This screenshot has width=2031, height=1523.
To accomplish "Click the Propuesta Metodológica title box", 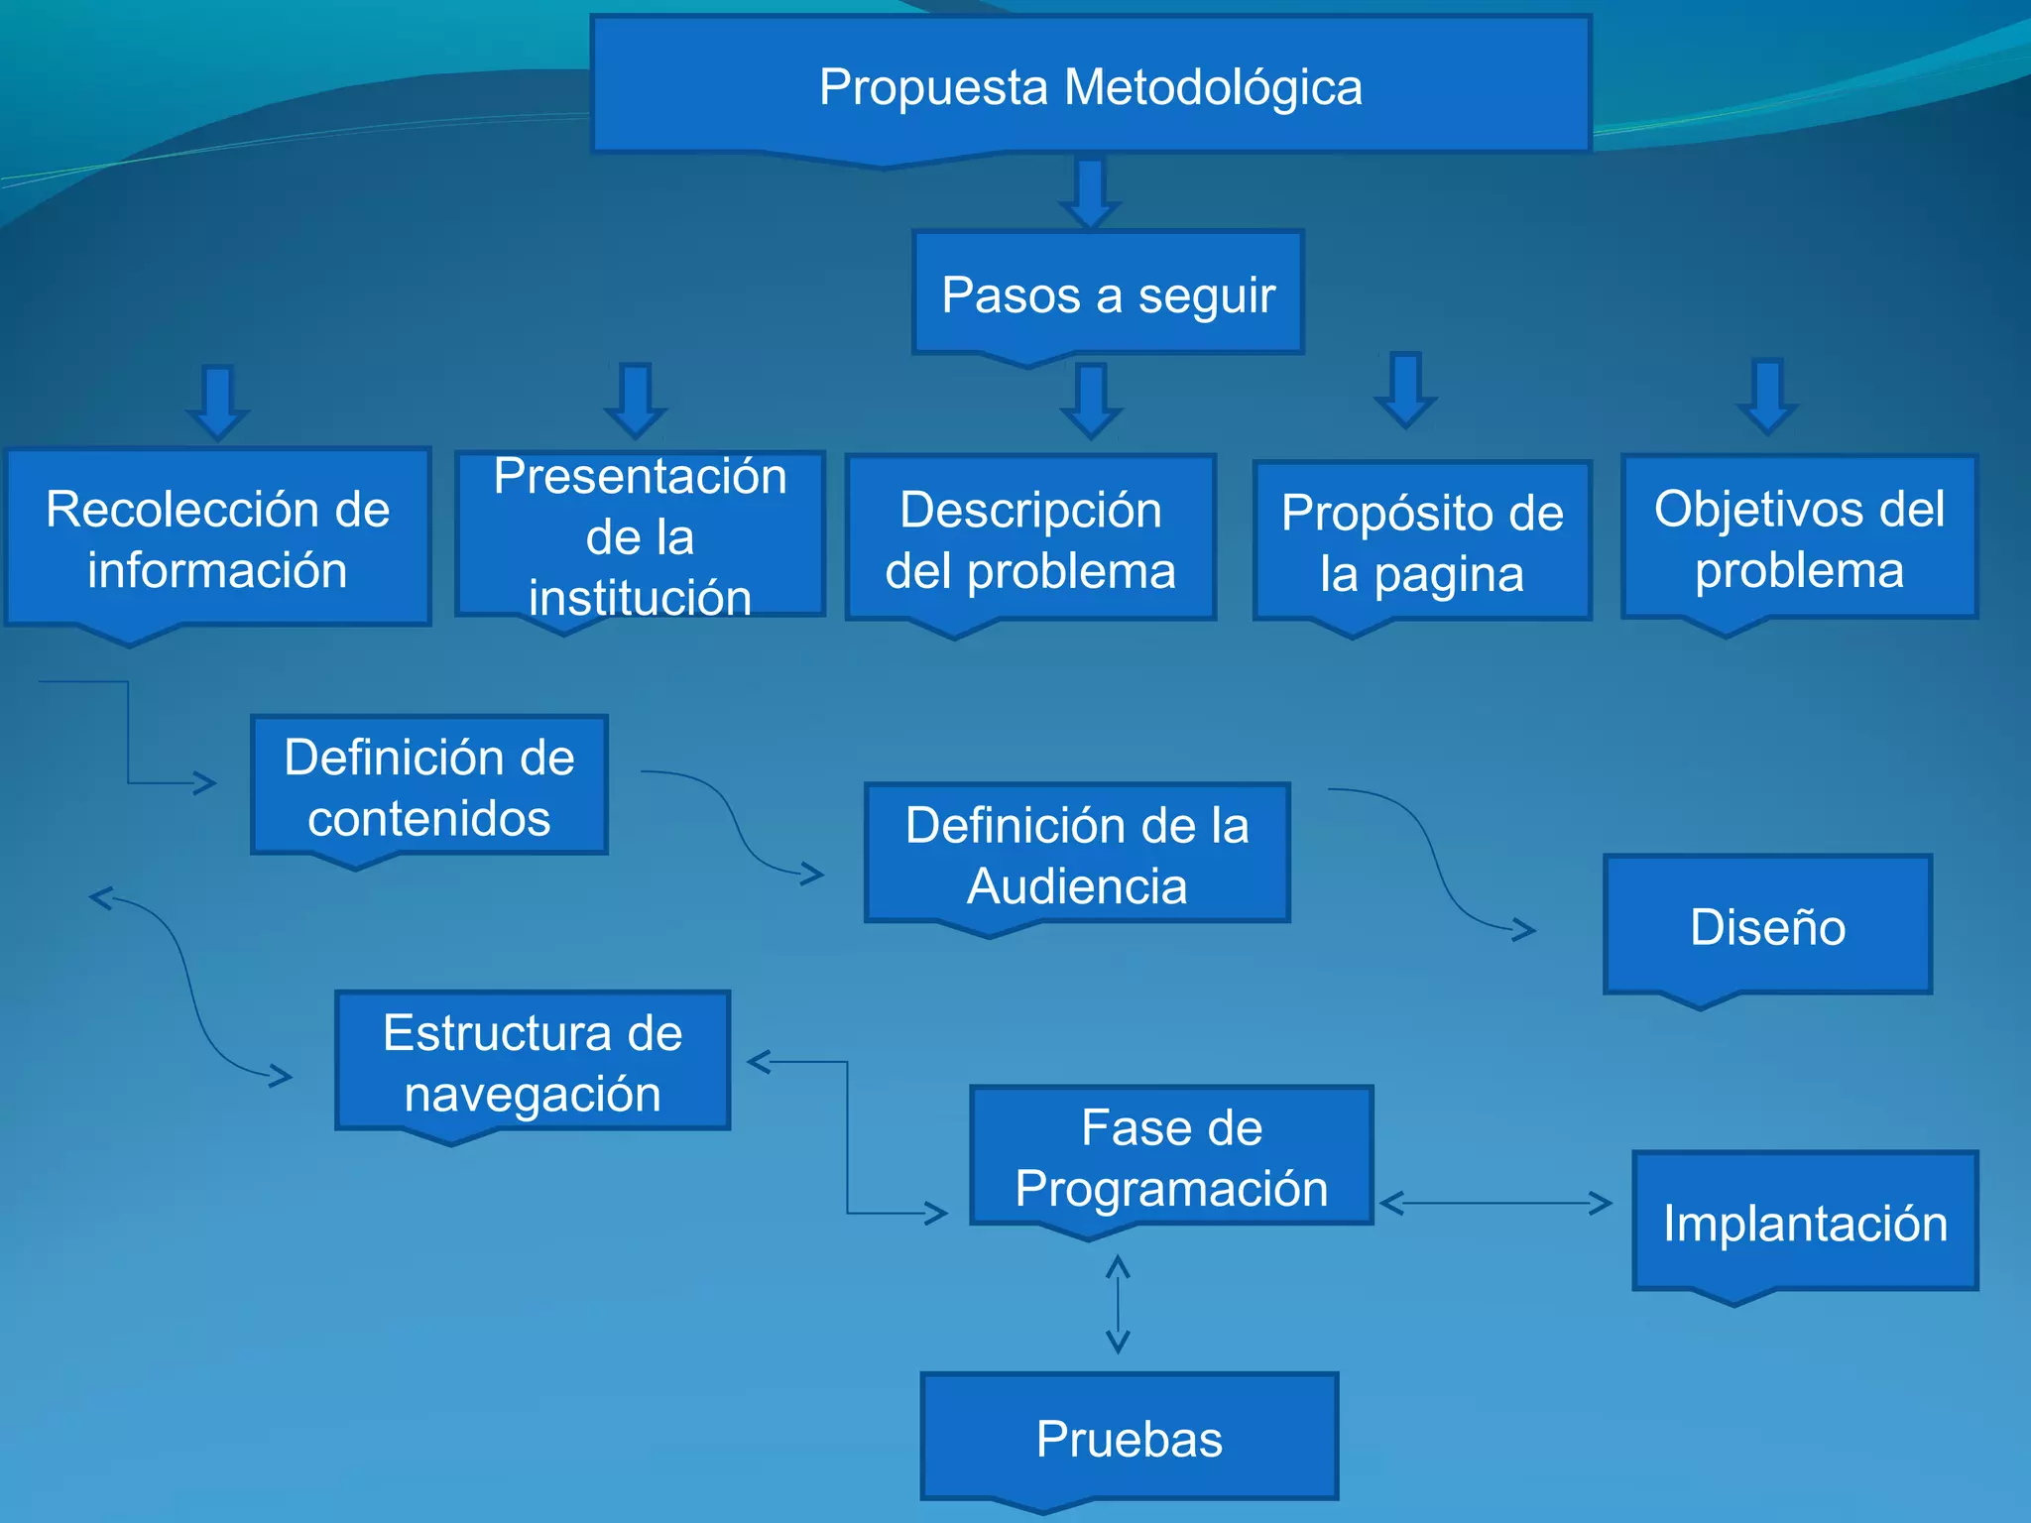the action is [x=1091, y=87].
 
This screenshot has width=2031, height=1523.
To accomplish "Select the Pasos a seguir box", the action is [x=1108, y=294].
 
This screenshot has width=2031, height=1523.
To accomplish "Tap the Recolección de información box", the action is [x=217, y=539].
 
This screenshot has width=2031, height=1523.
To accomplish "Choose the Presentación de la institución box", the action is [x=640, y=536].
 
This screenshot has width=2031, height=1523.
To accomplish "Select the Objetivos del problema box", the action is [x=1799, y=539].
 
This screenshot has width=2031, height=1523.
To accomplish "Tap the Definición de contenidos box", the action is [x=428, y=787].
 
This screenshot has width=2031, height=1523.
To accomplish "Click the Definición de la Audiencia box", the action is [x=1077, y=855].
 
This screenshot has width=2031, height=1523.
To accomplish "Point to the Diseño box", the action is [x=1767, y=927].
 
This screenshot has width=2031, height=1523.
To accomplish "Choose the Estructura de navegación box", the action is [x=533, y=1063].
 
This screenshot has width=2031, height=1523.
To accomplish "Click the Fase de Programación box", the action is [x=1171, y=1158].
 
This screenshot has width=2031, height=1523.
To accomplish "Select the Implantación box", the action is [x=1805, y=1223].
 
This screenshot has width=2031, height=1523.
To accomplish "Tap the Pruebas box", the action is [x=1130, y=1439].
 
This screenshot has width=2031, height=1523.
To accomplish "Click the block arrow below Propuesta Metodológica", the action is [x=1090, y=192].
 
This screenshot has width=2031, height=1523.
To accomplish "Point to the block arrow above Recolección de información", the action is [x=218, y=402].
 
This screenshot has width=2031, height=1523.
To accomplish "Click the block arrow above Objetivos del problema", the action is [x=1767, y=396].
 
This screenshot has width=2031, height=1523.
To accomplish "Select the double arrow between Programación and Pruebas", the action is [x=1118, y=1304].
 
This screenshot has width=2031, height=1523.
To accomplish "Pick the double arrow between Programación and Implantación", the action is [x=1495, y=1204].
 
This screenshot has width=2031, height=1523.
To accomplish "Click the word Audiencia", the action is [x=1077, y=886].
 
